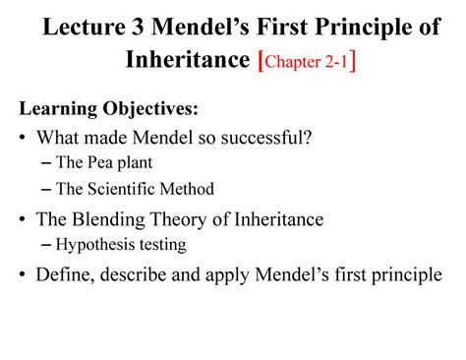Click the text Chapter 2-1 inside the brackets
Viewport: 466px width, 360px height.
click(x=306, y=62)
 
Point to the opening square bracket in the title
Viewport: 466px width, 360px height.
click(x=260, y=61)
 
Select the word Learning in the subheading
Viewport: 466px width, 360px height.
click(x=60, y=106)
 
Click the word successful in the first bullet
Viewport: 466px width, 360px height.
click(x=266, y=137)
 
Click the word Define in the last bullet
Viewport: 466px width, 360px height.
click(x=64, y=275)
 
